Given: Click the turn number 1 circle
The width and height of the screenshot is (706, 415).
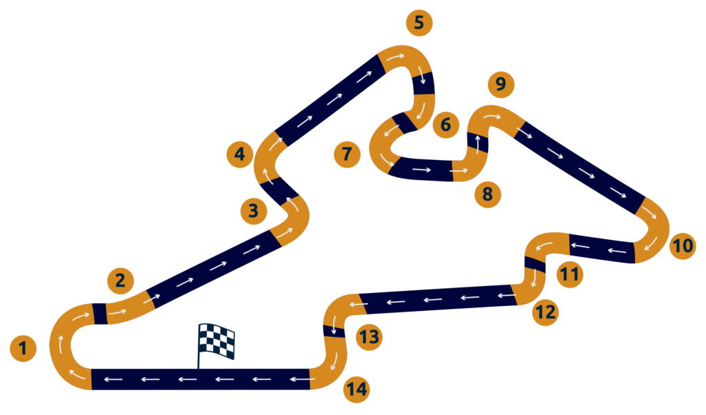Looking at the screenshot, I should point(23,348).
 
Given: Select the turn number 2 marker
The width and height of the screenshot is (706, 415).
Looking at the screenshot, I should point(120,281).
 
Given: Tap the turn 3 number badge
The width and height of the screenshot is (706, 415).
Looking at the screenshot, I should point(254,210).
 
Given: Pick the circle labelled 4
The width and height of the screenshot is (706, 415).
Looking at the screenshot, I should point(239,154).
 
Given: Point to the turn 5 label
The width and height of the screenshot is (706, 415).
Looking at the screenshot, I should point(419,23).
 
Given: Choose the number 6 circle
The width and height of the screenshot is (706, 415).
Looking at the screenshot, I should point(445,125).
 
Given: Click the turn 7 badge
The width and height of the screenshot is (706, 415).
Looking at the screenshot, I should point(347,154).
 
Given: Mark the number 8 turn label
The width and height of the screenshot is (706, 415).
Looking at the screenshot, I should point(487,194).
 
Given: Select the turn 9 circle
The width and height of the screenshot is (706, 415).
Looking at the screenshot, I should point(501,84).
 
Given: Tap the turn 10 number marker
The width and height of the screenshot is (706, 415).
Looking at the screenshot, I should point(683,245).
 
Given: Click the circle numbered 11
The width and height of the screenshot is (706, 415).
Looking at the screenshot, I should point(569,275).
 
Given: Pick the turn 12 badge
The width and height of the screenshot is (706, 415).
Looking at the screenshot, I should point(545,312).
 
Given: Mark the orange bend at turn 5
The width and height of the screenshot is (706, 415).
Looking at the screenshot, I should point(407,58).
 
